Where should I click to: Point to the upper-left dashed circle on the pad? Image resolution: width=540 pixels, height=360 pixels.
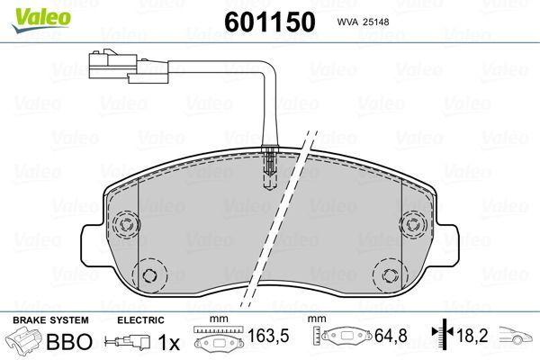click(x=126, y=225)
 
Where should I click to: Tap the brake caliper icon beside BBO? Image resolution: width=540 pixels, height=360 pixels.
click(x=26, y=342)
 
